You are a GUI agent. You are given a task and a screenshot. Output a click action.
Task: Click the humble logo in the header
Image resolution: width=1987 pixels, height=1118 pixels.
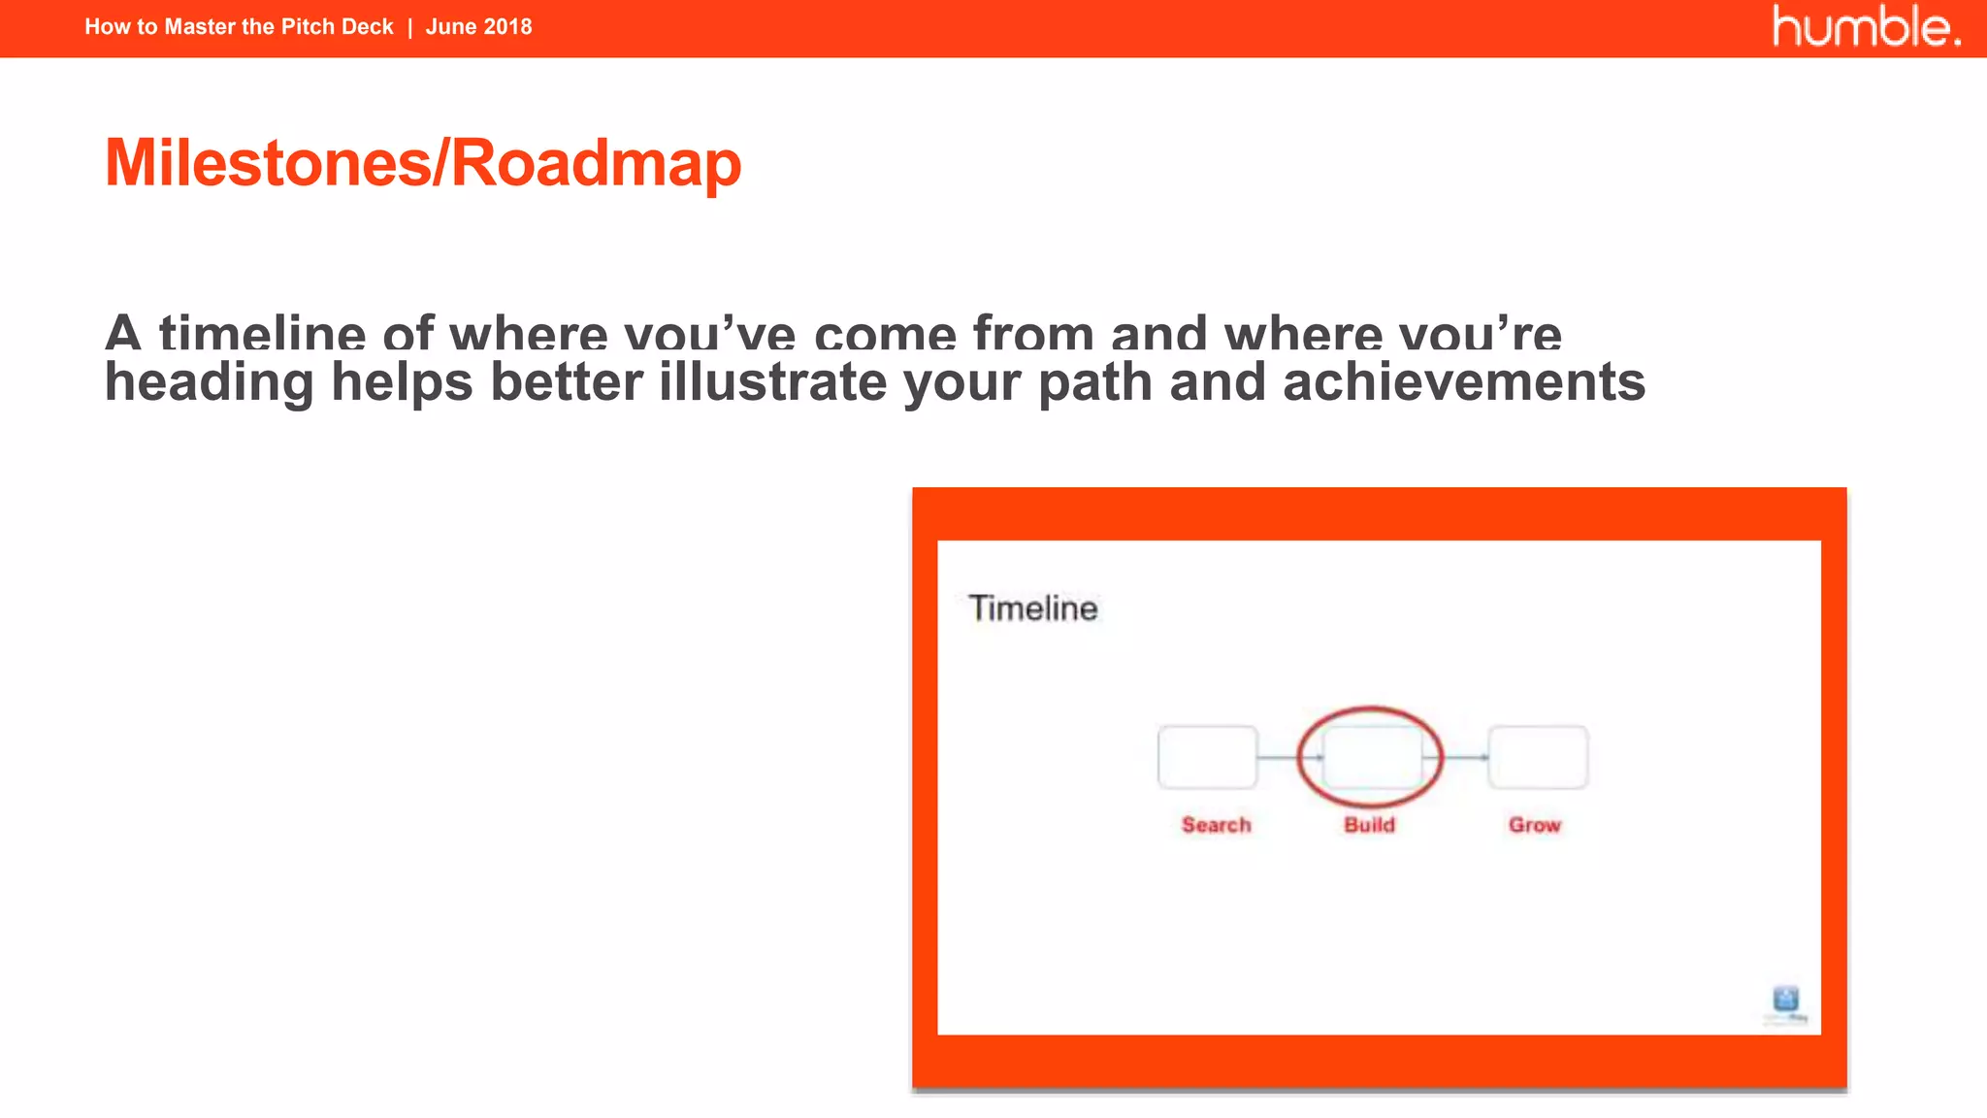(1866, 27)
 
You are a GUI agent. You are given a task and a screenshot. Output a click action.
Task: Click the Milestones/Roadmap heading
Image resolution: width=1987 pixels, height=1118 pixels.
(423, 163)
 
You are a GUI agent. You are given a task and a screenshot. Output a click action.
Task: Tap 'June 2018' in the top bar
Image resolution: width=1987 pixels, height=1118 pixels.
(478, 27)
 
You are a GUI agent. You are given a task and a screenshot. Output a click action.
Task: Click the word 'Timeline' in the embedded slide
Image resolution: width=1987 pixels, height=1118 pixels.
(1033, 608)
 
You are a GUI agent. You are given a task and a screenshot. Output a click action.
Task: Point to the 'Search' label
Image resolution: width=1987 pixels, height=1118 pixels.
(1216, 825)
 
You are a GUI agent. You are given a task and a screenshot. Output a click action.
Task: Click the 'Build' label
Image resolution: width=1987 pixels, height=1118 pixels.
(1369, 825)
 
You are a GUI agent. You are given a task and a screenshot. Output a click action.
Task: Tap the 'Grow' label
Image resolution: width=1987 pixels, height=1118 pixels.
(1534, 825)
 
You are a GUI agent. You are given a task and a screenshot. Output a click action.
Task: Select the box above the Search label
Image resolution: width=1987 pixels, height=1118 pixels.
(1207, 757)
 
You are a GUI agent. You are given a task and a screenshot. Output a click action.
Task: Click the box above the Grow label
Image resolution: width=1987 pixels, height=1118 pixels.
(1538, 757)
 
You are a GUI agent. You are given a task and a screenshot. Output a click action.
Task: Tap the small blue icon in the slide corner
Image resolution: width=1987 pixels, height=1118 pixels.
(1785, 1000)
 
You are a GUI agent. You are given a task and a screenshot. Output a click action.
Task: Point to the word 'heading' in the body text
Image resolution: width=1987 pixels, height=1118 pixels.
(210, 381)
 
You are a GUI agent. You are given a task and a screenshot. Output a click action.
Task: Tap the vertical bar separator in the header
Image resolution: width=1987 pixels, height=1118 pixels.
(409, 27)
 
